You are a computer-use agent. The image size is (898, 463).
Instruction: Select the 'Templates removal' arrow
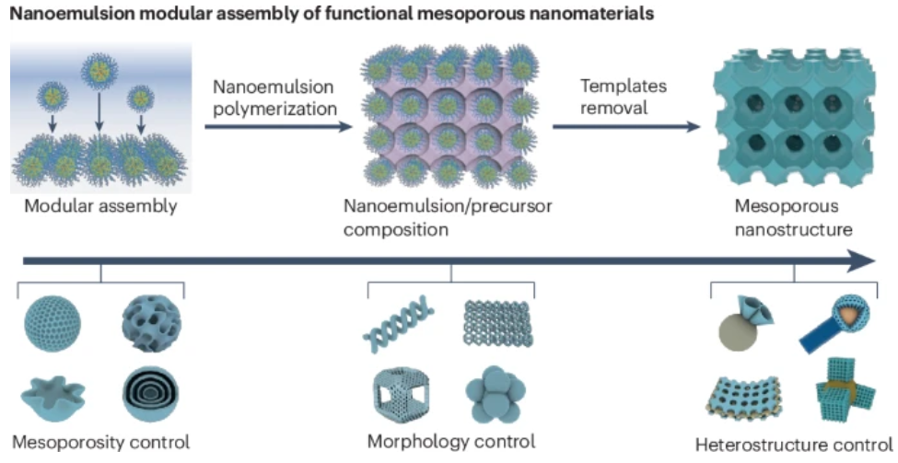coord(625,126)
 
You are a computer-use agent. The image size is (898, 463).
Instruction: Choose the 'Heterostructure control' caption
coord(793,446)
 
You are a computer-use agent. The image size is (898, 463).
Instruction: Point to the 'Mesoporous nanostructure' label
coord(794,217)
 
